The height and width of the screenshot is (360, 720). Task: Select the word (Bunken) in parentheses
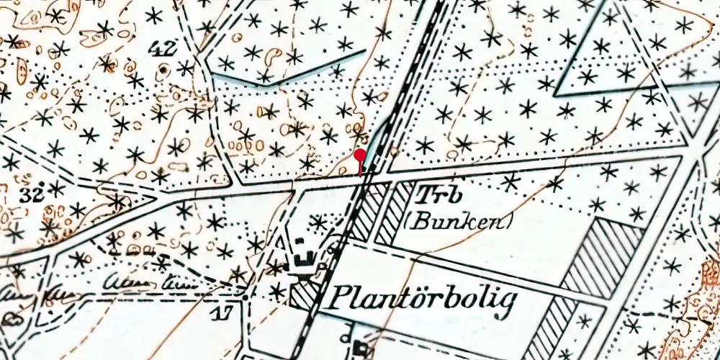[x=459, y=220]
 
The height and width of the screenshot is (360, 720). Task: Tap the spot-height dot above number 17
[x=246, y=297]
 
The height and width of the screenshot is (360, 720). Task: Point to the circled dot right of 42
[x=165, y=69]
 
